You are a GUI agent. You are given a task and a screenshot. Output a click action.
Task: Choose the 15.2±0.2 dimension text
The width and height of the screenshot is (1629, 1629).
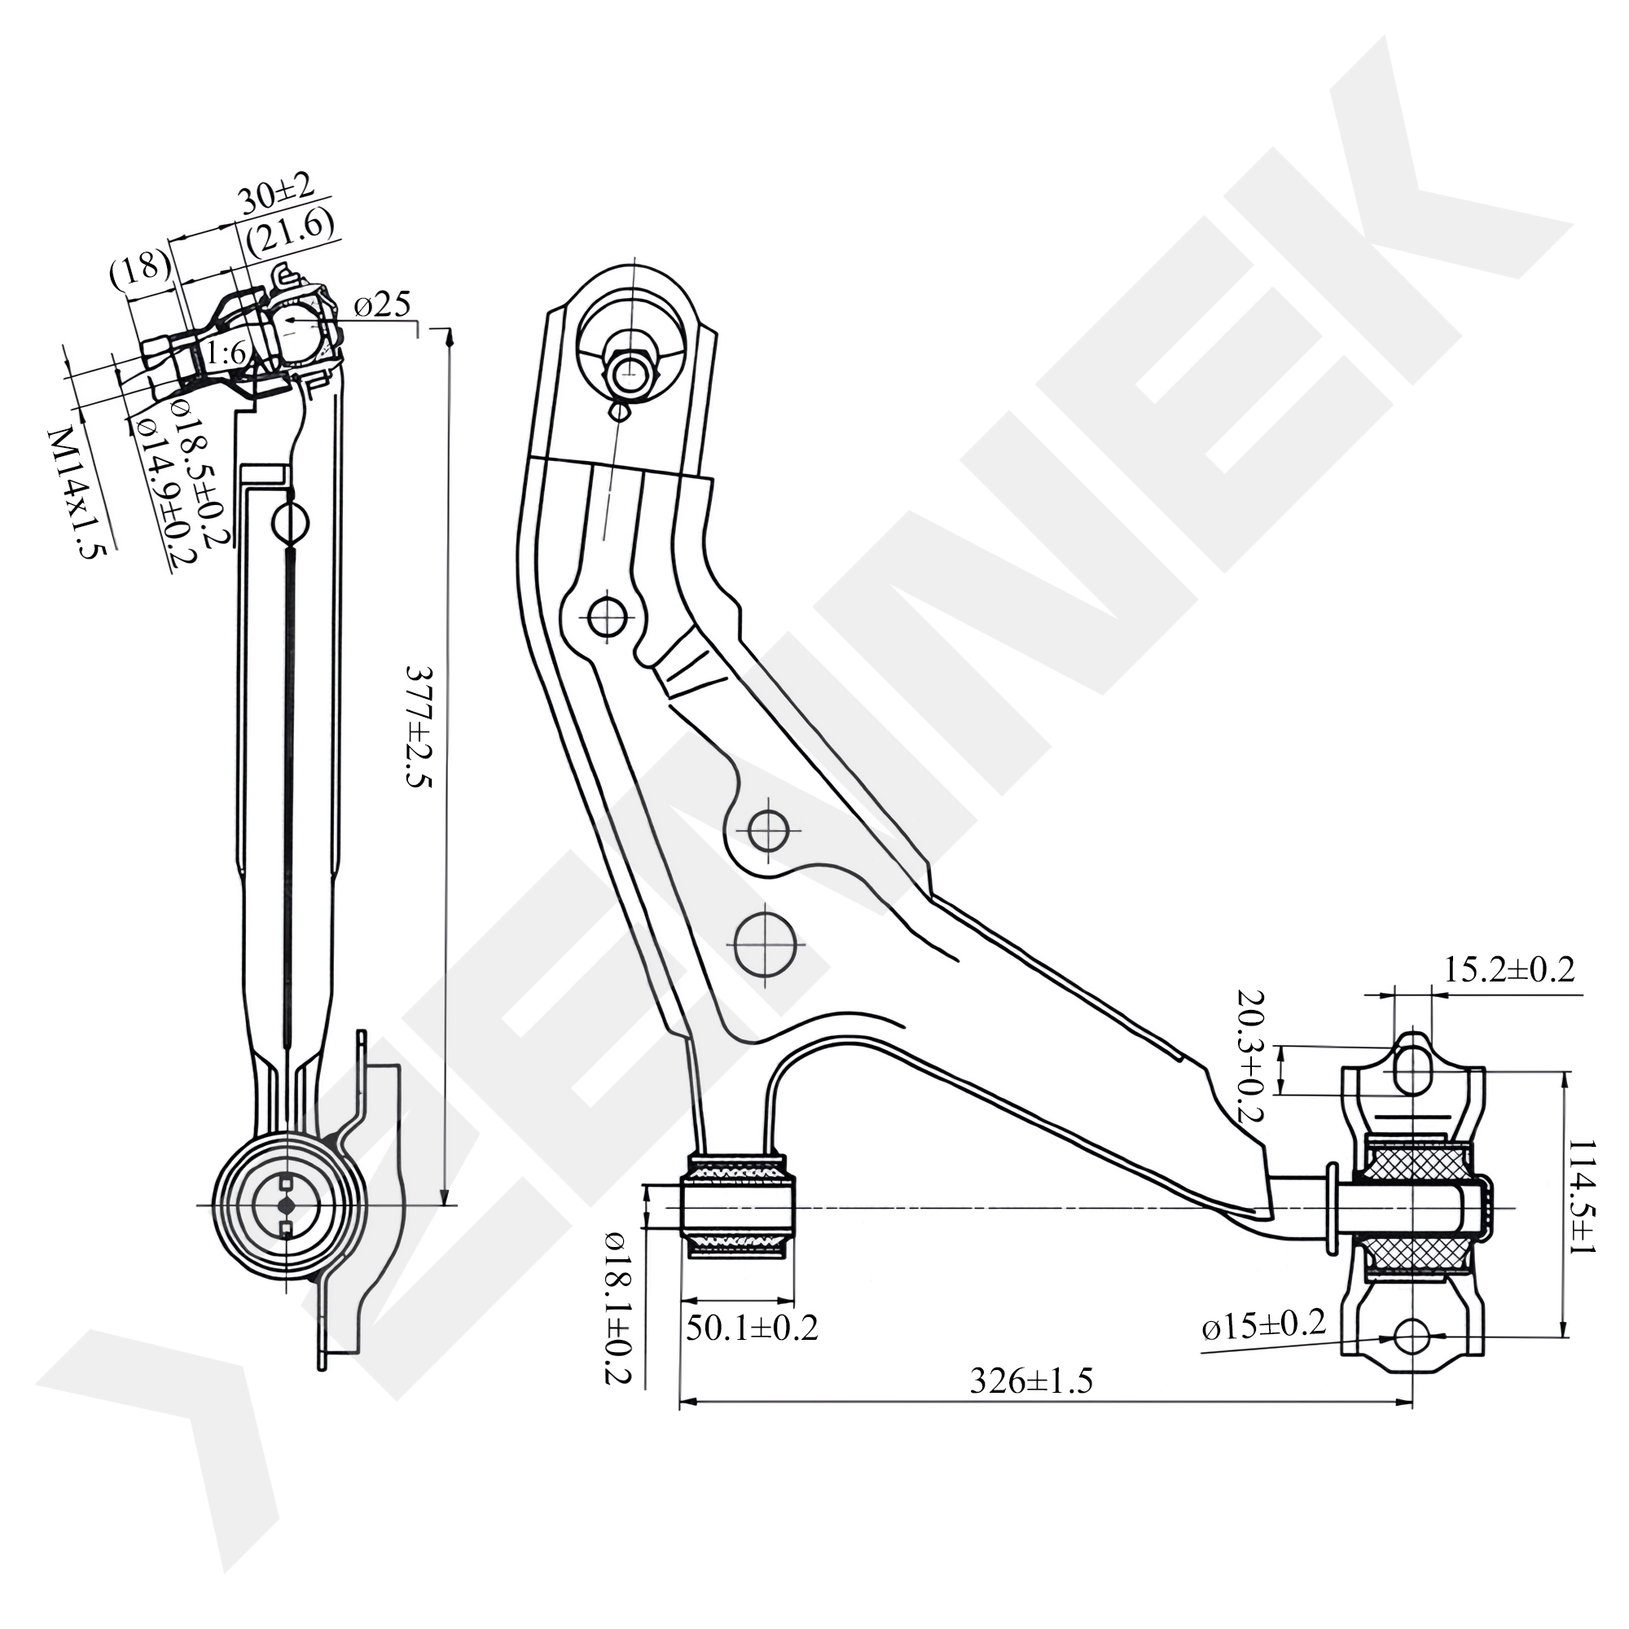pos(1509,969)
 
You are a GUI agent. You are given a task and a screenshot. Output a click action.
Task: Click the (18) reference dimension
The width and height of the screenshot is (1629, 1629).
pos(140,269)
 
